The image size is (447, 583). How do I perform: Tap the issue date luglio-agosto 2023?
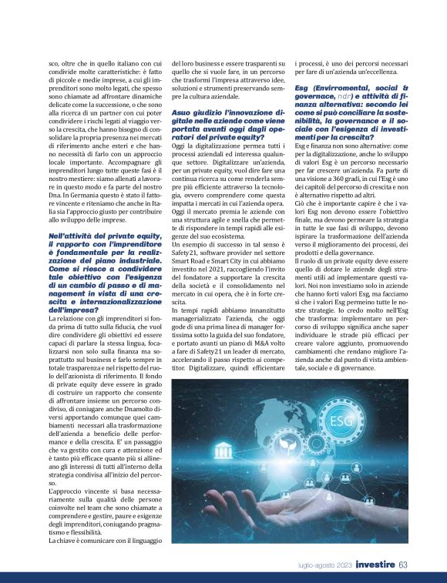click(x=327, y=565)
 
